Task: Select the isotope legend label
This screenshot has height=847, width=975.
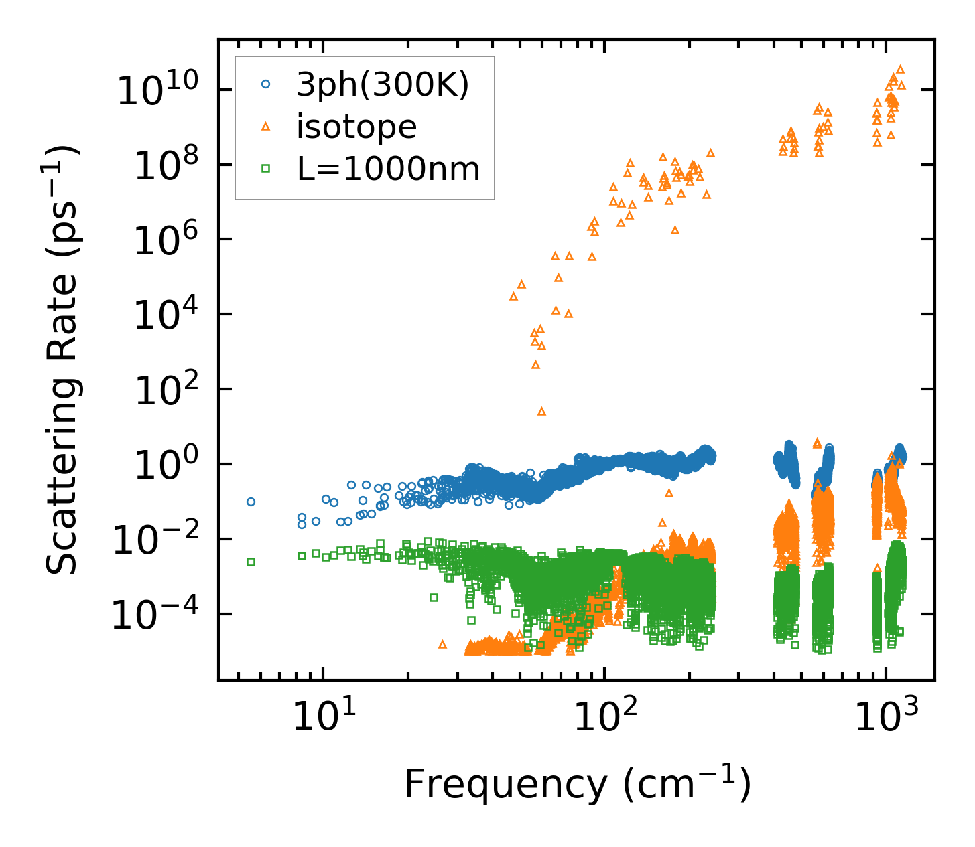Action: pos(356,127)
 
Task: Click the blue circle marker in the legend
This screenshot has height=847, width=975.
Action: pos(266,84)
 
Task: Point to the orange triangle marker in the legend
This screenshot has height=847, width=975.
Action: pos(266,126)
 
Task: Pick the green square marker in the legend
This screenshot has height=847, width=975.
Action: pos(266,169)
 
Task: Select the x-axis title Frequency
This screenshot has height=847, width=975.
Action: pos(577,784)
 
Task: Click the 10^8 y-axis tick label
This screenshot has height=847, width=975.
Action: pos(164,164)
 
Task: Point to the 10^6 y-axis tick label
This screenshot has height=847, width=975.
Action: pos(164,239)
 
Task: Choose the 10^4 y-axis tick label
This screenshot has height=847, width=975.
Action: pos(164,314)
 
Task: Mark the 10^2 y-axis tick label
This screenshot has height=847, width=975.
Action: pos(164,389)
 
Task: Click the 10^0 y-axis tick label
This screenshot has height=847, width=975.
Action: pos(164,464)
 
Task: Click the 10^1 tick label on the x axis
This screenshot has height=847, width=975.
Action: pos(323,717)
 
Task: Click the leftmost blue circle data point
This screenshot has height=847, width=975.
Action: pos(251,502)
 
